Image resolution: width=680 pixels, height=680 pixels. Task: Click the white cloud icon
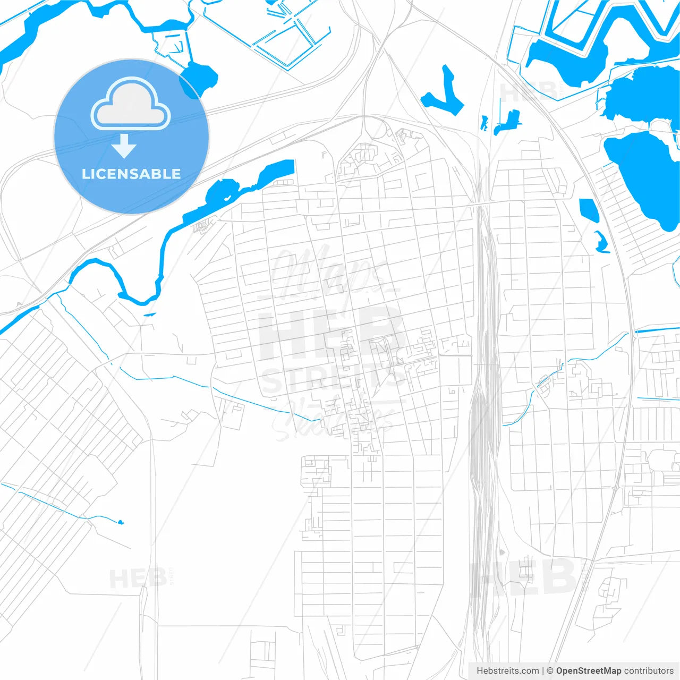pos(131,104)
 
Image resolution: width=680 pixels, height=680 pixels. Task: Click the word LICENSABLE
pos(131,174)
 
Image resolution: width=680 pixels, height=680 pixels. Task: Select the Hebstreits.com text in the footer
pos(507,671)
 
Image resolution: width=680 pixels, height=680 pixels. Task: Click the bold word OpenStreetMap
pos(588,671)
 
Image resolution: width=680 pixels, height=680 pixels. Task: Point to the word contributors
pos(649,671)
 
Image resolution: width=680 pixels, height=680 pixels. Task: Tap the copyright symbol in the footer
pos(550,671)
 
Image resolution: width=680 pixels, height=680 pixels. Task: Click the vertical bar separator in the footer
pos(542,671)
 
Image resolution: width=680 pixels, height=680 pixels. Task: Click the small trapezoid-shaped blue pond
pos(589,209)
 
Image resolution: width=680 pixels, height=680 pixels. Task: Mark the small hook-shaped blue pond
pos(601,242)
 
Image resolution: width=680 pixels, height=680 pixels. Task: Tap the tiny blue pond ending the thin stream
pos(121,522)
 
